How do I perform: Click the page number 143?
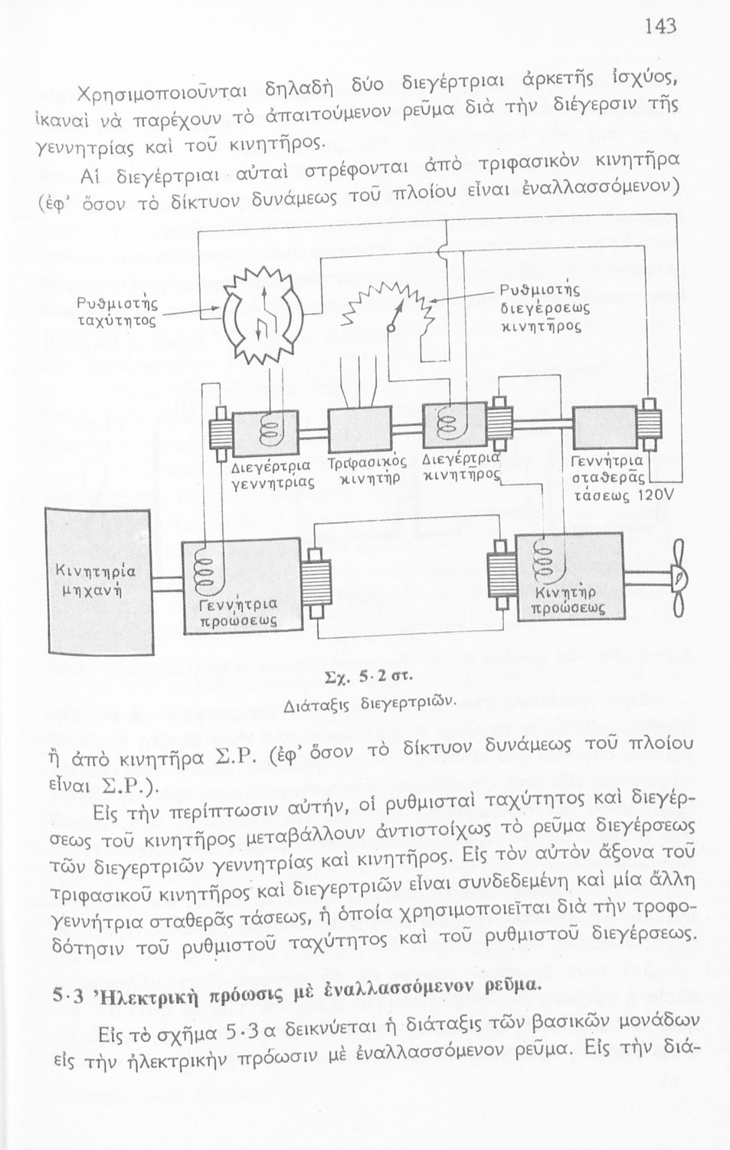660,27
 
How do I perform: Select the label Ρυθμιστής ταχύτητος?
117,310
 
